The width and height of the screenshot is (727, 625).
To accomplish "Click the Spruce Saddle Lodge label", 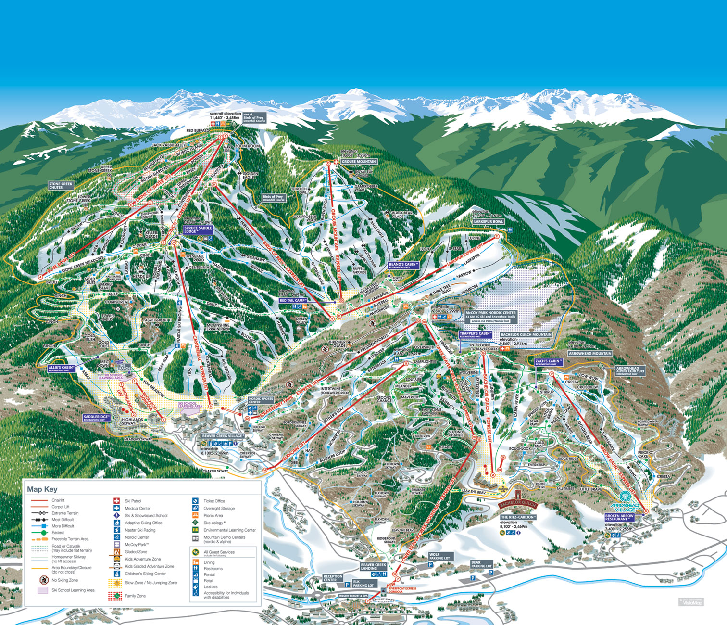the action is [198, 230].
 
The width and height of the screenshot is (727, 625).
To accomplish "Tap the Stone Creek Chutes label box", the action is [61, 185].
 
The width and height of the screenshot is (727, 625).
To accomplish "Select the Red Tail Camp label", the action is [293, 300].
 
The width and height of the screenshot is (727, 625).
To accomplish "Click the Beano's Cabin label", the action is [404, 265].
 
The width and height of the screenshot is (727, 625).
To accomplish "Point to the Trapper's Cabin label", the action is [475, 334].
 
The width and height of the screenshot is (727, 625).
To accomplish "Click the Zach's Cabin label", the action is [548, 361].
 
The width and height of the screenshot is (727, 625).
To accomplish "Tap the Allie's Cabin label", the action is [62, 369].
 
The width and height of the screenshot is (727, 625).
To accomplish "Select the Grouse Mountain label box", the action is [359, 162].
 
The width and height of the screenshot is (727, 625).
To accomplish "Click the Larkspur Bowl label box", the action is [489, 222].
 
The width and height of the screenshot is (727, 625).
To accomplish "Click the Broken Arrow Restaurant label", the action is [619, 518].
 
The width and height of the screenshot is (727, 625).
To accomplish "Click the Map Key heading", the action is [42, 489].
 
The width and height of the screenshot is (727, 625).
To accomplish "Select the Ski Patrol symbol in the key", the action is [116, 501].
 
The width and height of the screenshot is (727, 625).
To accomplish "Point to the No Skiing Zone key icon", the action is [43, 580].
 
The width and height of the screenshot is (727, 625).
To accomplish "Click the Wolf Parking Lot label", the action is [439, 556].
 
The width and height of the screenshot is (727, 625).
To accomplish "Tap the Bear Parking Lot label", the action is [481, 564].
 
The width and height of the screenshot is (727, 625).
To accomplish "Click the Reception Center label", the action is [333, 578].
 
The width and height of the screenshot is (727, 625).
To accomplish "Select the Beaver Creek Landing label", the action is [373, 566].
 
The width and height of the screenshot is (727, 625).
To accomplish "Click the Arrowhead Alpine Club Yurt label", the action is [630, 370].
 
